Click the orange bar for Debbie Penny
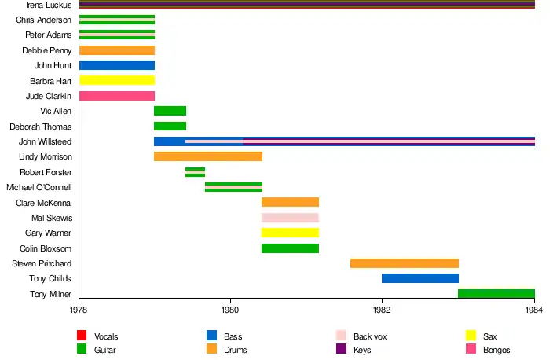(116, 50)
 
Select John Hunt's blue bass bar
(116, 65)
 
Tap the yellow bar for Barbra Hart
(116, 80)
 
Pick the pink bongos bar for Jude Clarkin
(116, 96)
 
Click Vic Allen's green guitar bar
(170, 111)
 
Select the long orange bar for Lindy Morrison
(208, 156)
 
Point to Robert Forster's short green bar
(195, 172)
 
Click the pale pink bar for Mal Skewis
(290, 218)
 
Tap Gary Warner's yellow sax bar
(290, 233)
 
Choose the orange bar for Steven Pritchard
(404, 263)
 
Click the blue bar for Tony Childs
(420, 278)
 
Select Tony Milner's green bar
(496, 294)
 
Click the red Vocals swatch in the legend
(82, 336)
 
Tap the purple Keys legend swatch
(341, 349)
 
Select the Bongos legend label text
(497, 350)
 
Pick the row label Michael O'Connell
(39, 187)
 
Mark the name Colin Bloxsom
(46, 248)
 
